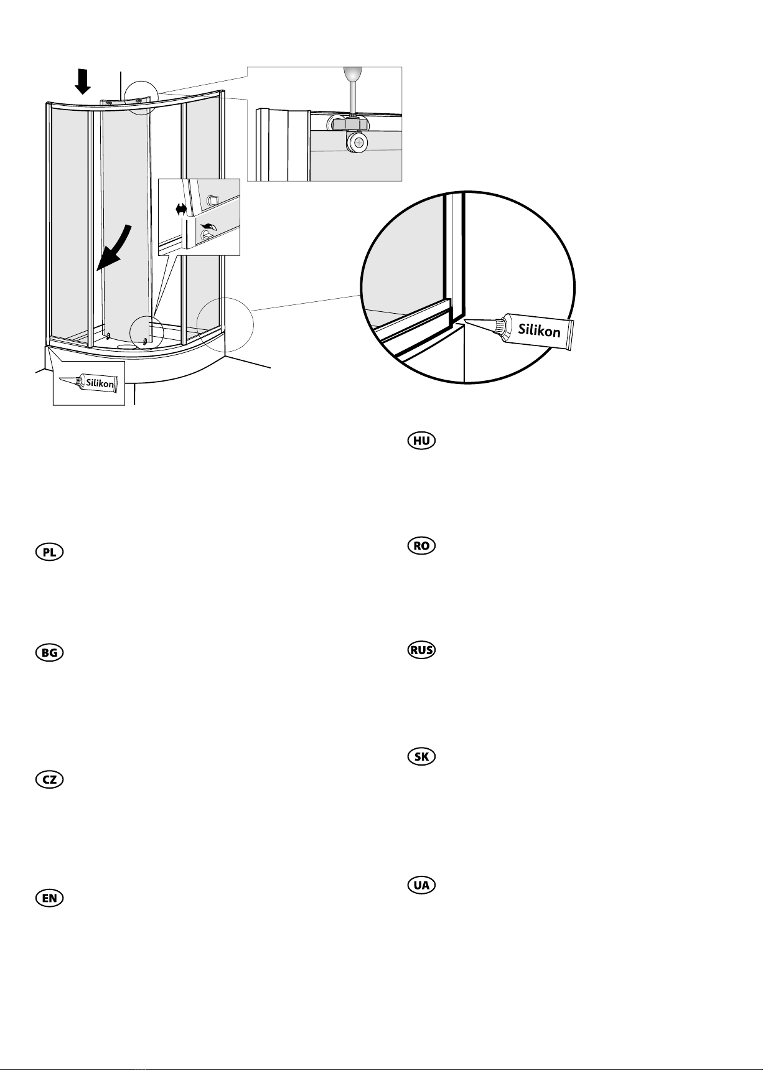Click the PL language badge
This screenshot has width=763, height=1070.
(49, 552)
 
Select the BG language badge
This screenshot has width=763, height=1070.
(49, 652)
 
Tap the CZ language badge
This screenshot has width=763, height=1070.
(49, 779)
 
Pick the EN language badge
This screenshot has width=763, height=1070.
(49, 898)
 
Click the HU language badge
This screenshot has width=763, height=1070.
(421, 441)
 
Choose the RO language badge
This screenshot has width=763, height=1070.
(421, 546)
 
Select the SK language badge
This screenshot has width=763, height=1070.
(421, 757)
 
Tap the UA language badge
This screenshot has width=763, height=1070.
(421, 885)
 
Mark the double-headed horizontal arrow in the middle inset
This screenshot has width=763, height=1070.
(181, 210)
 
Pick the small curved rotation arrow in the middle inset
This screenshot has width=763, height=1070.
(210, 228)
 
